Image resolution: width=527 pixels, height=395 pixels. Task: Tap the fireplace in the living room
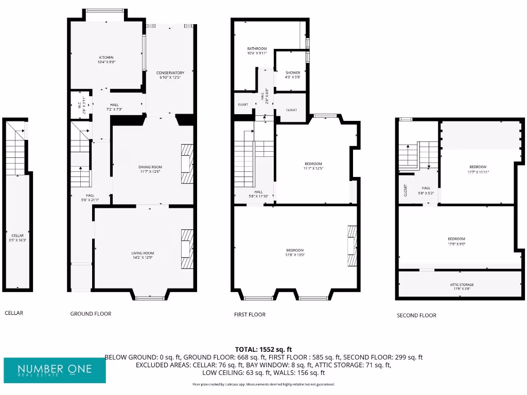click(187, 249)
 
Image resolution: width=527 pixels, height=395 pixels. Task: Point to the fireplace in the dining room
click(187, 164)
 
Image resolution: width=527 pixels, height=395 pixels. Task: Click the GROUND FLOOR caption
click(91, 314)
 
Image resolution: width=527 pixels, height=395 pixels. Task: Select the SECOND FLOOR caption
click(416, 315)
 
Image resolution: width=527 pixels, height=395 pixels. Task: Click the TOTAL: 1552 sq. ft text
click(263, 349)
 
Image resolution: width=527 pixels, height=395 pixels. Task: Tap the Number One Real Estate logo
click(55, 370)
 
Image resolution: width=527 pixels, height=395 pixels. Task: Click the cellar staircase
click(15, 149)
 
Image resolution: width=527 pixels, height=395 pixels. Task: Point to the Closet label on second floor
click(405, 190)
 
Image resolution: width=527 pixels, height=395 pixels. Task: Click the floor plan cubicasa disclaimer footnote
click(263, 384)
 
